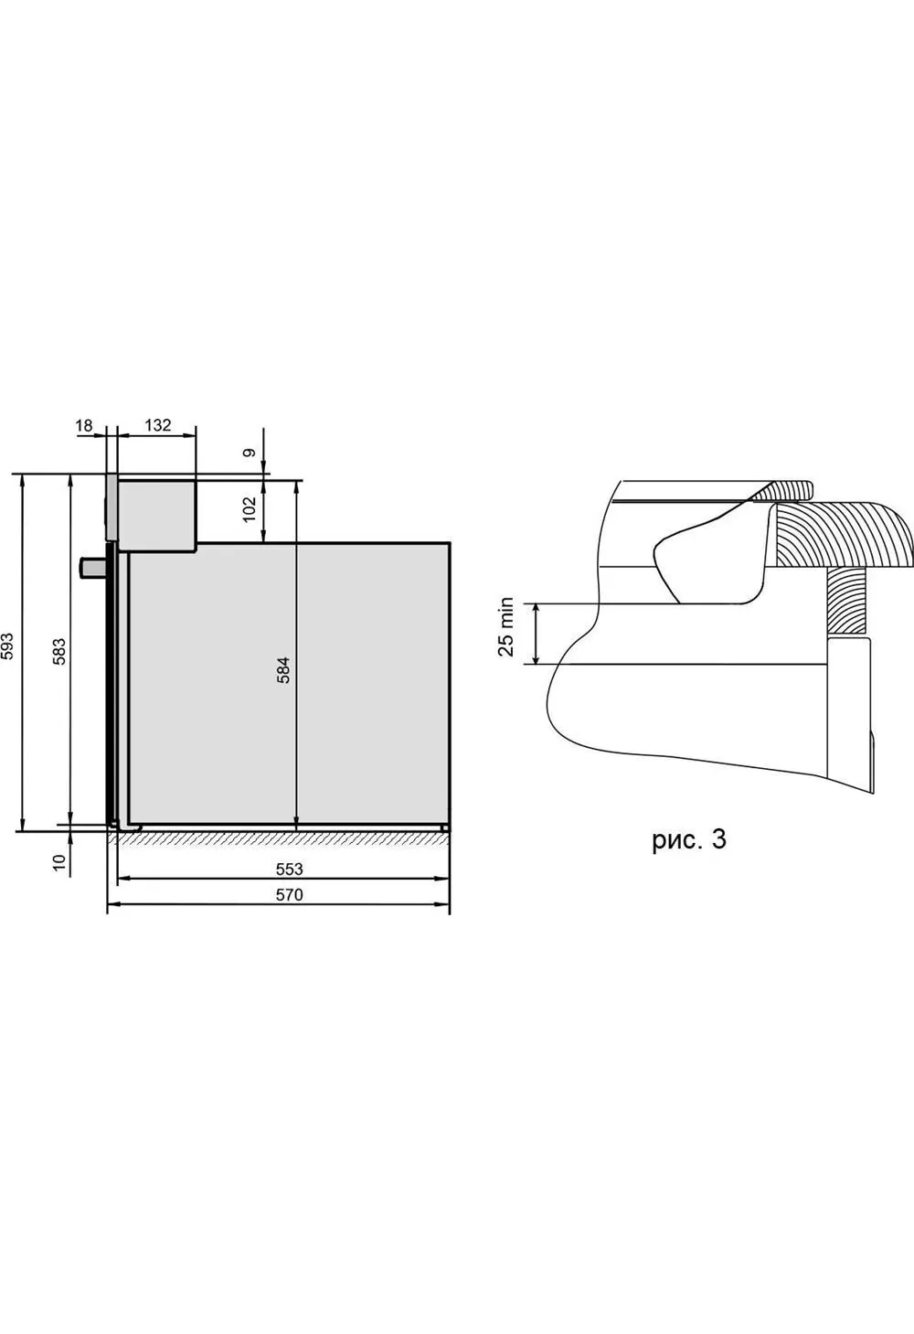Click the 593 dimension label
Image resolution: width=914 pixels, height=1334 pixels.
click(7, 646)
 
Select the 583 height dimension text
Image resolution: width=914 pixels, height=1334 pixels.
click(58, 652)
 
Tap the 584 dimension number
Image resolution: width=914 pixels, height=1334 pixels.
click(283, 669)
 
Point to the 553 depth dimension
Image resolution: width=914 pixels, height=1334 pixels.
click(290, 869)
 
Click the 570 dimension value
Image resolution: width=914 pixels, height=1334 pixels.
click(290, 894)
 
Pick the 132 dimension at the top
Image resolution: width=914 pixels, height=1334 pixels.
click(158, 424)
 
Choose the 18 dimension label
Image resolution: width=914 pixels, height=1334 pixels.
click(85, 425)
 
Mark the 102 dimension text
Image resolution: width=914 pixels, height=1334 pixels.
click(249, 509)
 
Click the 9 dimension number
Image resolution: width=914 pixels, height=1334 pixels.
click(250, 453)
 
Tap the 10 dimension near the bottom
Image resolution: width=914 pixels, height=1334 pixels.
click(58, 861)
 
